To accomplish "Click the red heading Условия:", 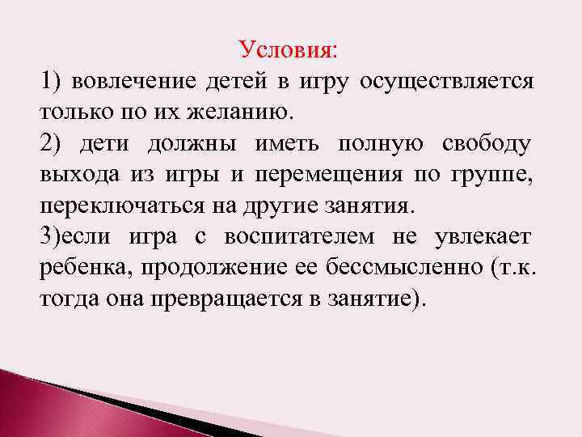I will (x=289, y=50).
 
